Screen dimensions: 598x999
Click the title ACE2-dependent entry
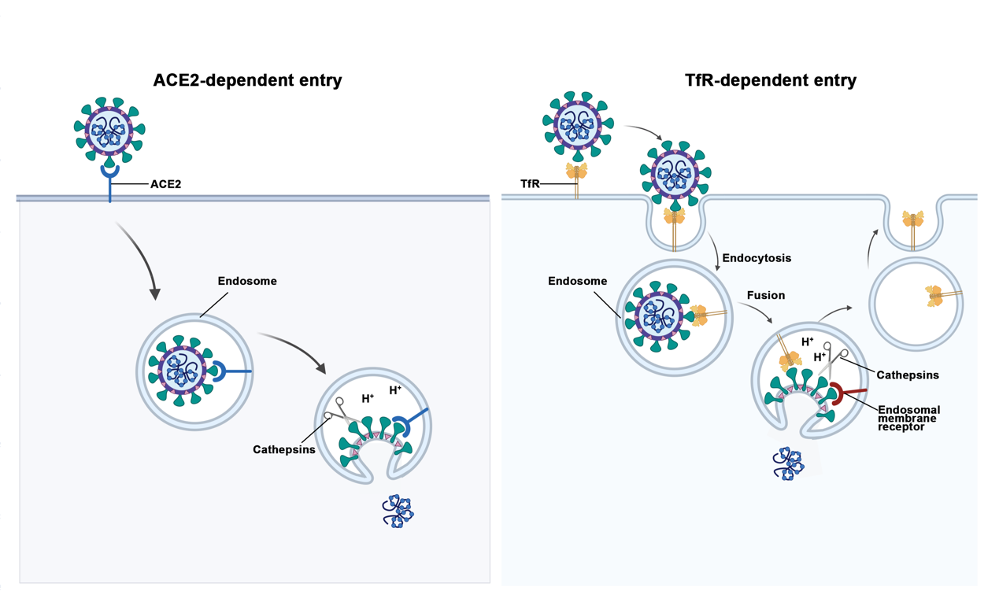(x=247, y=80)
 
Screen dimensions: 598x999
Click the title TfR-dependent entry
(x=771, y=80)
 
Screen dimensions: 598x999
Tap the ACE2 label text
(x=166, y=185)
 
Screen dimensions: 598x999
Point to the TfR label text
(x=530, y=184)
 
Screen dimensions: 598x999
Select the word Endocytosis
(x=757, y=258)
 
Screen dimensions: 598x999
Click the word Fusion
(x=766, y=295)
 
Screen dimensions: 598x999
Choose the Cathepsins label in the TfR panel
(x=908, y=375)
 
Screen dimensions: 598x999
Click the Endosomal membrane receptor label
(x=908, y=419)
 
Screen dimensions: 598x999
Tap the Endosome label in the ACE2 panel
(x=247, y=281)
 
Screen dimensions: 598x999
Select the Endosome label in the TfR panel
(x=577, y=281)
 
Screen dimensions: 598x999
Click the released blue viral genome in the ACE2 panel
(x=398, y=511)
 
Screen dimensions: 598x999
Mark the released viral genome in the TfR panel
(x=787, y=463)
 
